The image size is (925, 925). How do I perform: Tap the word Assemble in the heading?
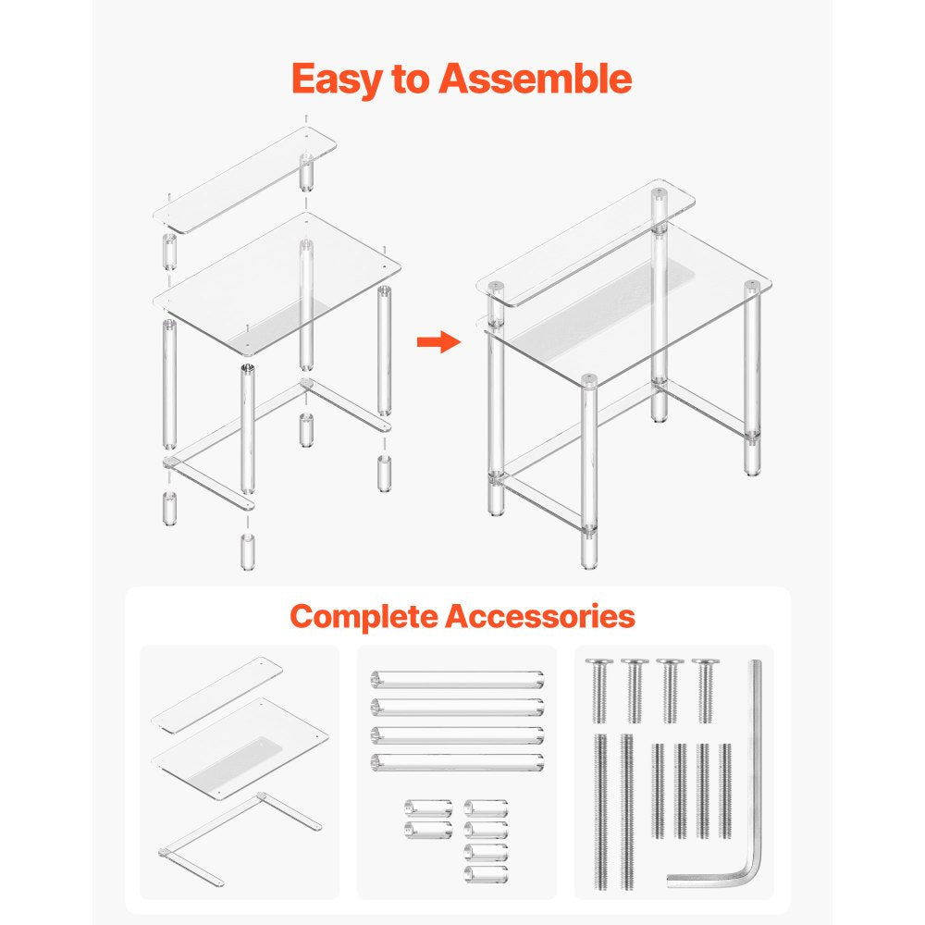point(535,78)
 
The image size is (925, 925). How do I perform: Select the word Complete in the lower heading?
point(364,617)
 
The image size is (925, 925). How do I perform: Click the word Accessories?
point(540,615)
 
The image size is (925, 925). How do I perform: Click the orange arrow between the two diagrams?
point(438,341)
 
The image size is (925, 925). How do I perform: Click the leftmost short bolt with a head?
point(599,691)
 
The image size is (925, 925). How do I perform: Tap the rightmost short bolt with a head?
point(706,691)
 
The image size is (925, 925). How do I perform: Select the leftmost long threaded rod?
point(600,812)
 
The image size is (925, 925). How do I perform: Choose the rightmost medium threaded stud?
point(725,791)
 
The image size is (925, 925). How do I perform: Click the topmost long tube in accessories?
point(458,680)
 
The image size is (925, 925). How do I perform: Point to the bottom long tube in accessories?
point(458,762)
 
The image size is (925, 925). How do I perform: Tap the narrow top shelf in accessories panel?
point(216,695)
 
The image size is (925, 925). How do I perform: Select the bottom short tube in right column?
point(487,874)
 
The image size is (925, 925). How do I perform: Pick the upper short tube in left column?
point(428,808)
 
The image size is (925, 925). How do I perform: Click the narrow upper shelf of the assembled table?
point(586,241)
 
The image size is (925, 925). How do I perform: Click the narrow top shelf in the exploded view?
point(245,179)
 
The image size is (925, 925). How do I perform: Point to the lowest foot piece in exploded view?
point(248,551)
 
